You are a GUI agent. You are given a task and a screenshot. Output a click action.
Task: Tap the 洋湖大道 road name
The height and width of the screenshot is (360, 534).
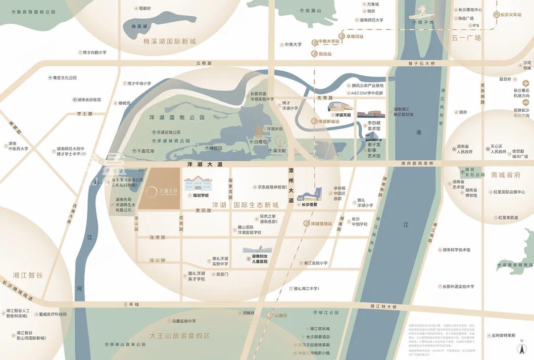click(x=205, y=164)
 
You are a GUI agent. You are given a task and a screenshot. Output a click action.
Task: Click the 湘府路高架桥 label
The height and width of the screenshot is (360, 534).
click(x=417, y=163)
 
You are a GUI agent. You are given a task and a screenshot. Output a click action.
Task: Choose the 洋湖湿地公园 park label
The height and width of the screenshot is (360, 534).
click(x=176, y=118)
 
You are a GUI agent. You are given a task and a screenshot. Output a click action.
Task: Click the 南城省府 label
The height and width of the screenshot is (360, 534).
click(x=506, y=175)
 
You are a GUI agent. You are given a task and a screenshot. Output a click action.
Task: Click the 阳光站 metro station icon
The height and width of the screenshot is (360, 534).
click(x=314, y=54)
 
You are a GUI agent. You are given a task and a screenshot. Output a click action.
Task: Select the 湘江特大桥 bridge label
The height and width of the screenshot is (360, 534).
click(x=383, y=307)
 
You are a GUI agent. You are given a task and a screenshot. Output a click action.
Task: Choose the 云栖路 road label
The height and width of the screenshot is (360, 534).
click(x=203, y=63)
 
